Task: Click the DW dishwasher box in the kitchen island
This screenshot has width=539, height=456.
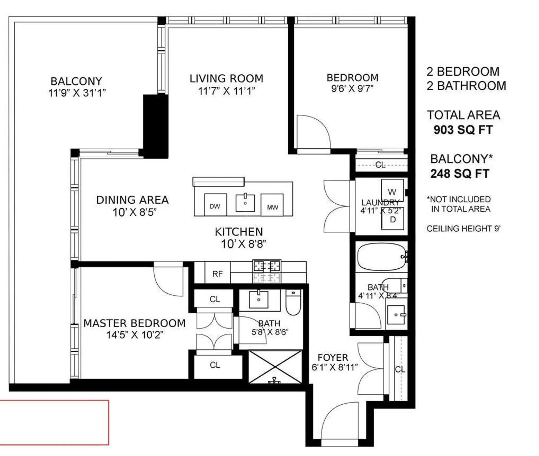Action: coord(215,204)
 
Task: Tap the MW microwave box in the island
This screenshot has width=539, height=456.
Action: coord(272,205)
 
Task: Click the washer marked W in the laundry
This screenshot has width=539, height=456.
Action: coord(392,190)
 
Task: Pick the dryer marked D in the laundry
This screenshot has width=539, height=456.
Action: coord(392,218)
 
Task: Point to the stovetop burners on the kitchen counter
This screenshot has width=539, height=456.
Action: coord(267,271)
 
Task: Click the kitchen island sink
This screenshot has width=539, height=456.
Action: coord(245,202)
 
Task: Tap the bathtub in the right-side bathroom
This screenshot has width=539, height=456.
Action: coord(382,257)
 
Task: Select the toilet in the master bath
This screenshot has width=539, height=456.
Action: coord(293,302)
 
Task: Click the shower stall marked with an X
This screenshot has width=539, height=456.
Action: coord(275,367)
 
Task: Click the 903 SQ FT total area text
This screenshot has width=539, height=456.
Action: coord(463,130)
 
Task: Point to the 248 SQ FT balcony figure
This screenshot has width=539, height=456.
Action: coord(460,174)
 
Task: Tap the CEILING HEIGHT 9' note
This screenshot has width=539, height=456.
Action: coord(463,229)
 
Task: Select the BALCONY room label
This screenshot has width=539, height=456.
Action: coord(76,81)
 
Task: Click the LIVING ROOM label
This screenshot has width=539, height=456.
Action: coord(227,78)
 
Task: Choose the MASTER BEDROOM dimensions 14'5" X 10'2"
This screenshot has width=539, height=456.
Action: coord(135,335)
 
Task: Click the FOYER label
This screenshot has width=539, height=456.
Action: coord(333,357)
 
